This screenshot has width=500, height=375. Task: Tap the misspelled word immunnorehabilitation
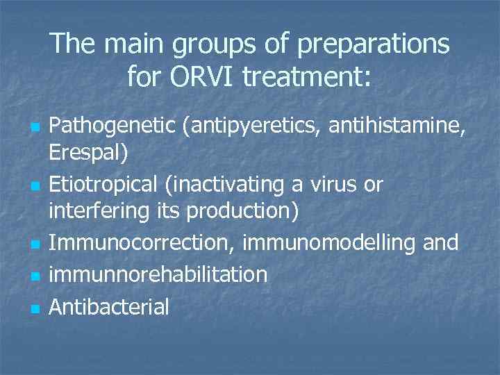pyautogui.click(x=158, y=274)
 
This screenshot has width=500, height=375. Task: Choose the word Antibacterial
pyautogui.click(x=108, y=306)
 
